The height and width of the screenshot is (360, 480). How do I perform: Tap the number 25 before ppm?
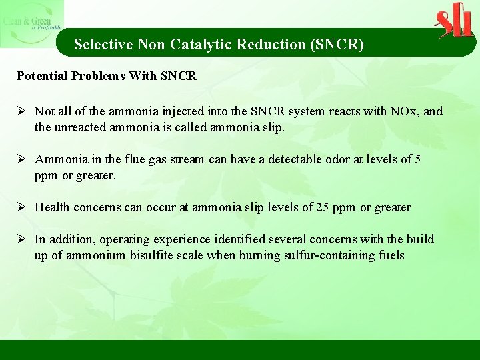coord(323,207)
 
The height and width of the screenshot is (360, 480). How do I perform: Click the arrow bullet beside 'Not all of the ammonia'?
coord(22,111)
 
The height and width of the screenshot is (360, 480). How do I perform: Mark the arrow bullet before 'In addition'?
coord(22,239)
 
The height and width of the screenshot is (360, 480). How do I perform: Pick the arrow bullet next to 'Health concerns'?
coord(22,207)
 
